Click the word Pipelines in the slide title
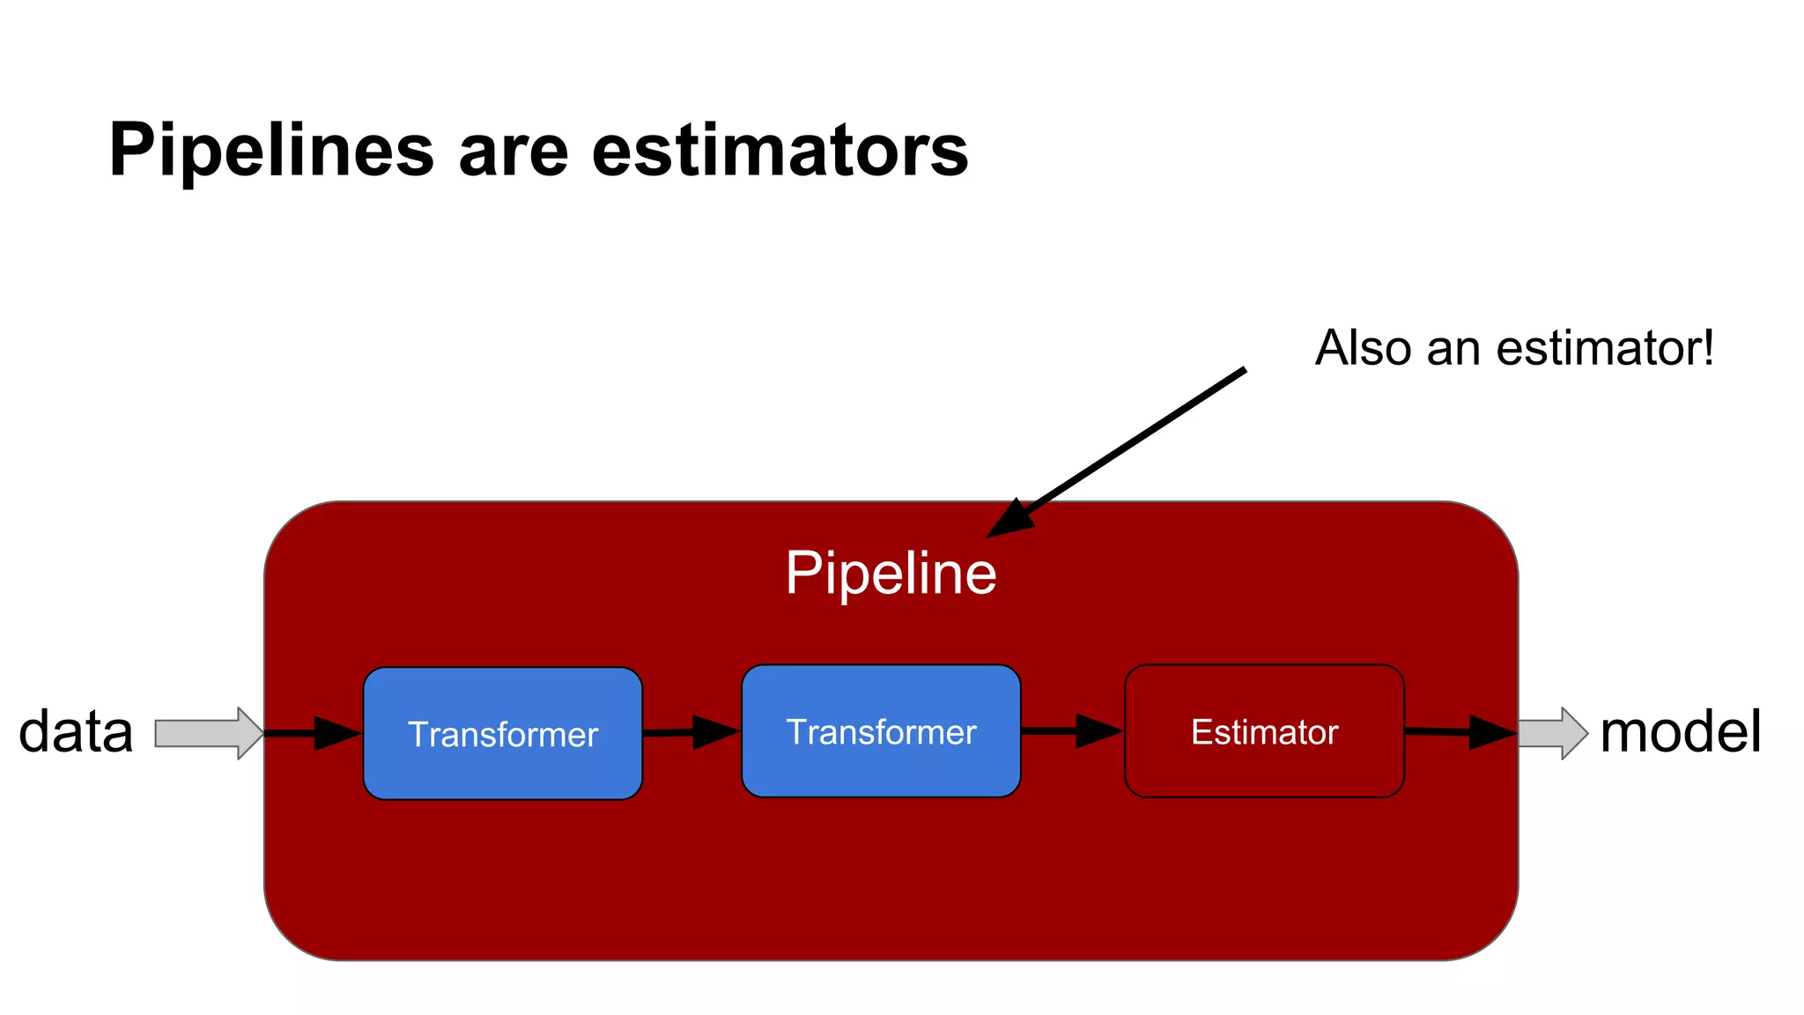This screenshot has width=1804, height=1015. coord(271,151)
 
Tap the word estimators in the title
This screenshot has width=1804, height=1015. coord(780,151)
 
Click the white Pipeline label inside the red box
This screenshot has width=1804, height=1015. coord(891,574)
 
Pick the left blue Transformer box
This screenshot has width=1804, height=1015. coord(503,733)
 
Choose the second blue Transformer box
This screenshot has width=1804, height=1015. coord(881,731)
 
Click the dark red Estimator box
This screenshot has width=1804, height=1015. coord(1264,731)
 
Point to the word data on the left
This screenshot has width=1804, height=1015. coord(76,732)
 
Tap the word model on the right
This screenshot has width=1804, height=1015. coord(1680,732)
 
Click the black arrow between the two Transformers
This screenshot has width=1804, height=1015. coord(691,732)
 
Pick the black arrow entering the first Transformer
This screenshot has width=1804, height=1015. coord(314,733)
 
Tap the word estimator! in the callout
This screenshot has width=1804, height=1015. coord(1605,348)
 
